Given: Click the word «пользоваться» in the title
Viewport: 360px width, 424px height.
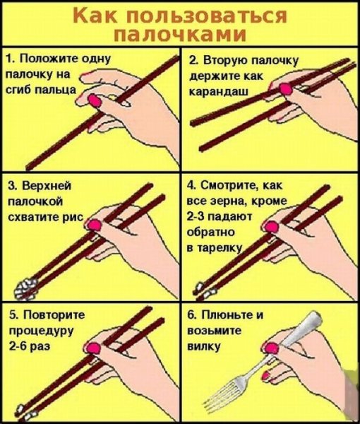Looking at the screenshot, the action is pyautogui.click(x=207, y=16).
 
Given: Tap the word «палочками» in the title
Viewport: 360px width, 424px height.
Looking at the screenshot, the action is pyautogui.click(x=179, y=35).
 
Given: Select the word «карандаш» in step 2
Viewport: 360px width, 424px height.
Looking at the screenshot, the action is pyautogui.click(x=219, y=92).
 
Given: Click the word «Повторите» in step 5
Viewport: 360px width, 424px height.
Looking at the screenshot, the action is pyautogui.click(x=54, y=314).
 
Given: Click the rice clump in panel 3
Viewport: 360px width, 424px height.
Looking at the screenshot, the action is pyautogui.click(x=25, y=289).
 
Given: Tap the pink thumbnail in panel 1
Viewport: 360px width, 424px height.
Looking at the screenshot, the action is pyautogui.click(x=95, y=100).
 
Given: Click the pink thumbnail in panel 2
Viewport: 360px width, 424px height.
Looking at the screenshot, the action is pyautogui.click(x=286, y=89).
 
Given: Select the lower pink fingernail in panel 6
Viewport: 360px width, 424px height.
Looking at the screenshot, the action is pyautogui.click(x=266, y=376).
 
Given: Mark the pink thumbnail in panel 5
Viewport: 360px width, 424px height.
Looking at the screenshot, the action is pyautogui.click(x=93, y=348).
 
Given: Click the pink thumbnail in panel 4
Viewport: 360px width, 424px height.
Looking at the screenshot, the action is pyautogui.click(x=271, y=227).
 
